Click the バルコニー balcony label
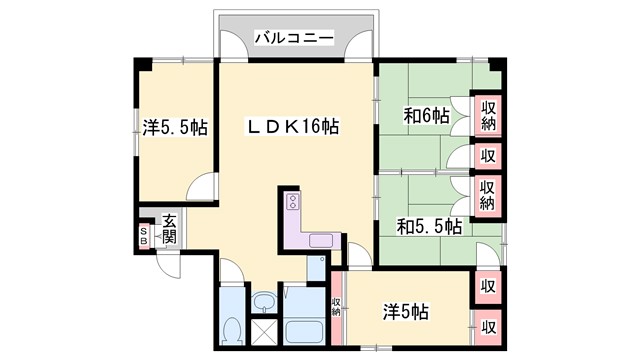click(292, 38)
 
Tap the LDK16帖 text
click(293, 127)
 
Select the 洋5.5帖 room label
click(174, 127)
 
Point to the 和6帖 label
click(427, 115)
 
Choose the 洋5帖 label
click(404, 312)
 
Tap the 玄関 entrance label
click(169, 229)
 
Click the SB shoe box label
click(143, 235)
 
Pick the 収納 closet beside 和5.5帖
click(488, 192)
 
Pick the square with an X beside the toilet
click(264, 329)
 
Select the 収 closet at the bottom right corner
click(488, 325)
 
